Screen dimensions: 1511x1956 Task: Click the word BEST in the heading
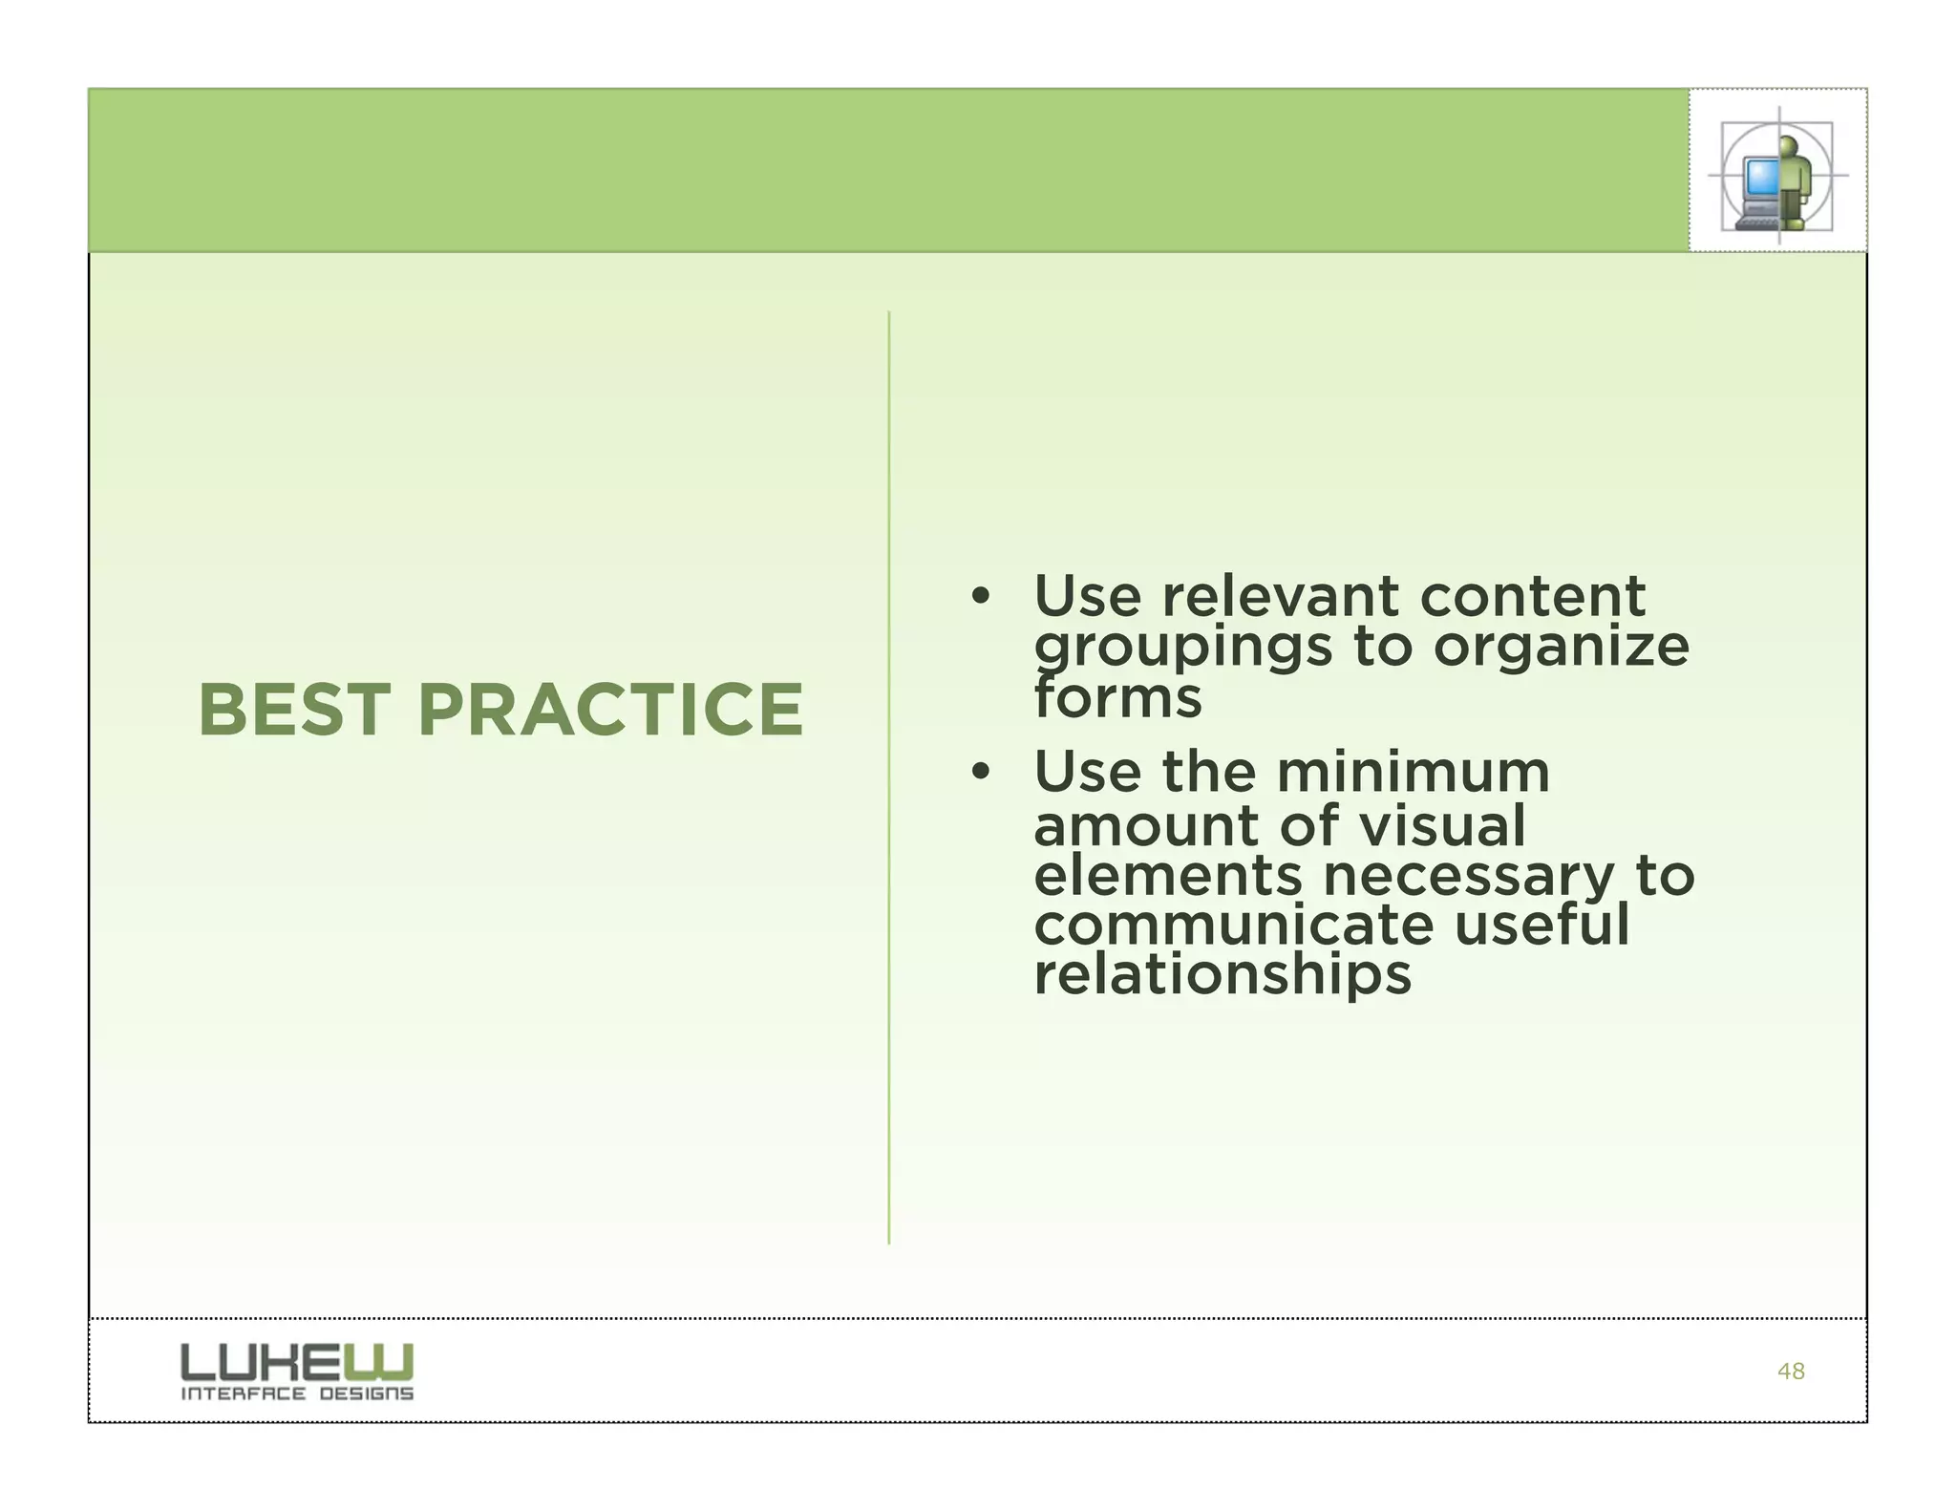294,711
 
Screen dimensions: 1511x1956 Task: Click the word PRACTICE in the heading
611,711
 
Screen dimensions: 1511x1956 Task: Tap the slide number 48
1791,1372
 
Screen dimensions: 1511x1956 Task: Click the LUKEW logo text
297,1361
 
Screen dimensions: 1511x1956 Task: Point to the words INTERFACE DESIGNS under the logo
297,1394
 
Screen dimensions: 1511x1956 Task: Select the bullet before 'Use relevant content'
978,598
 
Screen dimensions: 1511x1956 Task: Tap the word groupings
1182,648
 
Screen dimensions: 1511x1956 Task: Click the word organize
1561,648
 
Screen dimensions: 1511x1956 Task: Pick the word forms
1117,698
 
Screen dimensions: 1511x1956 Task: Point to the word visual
1442,825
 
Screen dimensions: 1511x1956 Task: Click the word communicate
1233,926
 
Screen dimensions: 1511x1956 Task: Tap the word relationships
1222,975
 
